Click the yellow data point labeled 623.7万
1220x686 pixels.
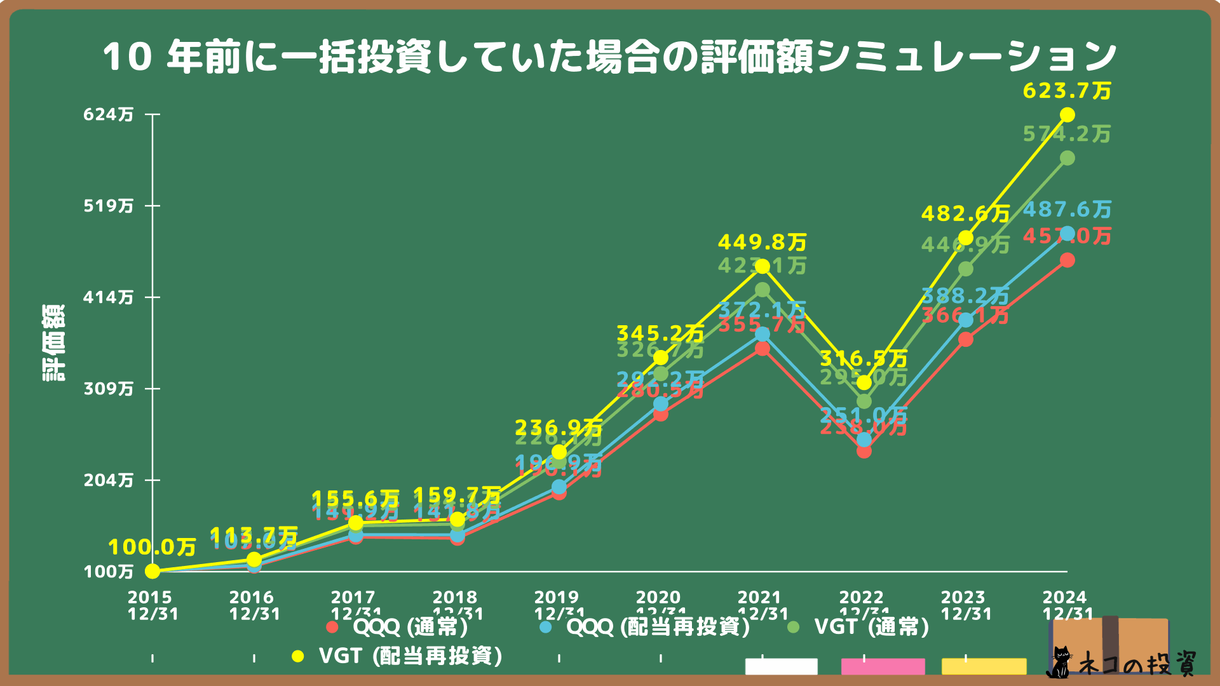click(1067, 115)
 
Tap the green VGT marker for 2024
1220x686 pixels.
click(1067, 158)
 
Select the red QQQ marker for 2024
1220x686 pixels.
click(1067, 260)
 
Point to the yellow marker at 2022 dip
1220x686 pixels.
click(864, 382)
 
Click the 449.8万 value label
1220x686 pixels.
click(762, 243)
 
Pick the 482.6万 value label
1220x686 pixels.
click(965, 214)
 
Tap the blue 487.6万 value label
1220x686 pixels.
click(1067, 210)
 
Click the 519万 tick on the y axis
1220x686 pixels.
click(109, 206)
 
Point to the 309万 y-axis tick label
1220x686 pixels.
click(109, 389)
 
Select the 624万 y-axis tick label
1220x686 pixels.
click(109, 114)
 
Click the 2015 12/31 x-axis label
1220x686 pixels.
click(152, 605)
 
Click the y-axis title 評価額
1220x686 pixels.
click(53, 343)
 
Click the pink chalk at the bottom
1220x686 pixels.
click(883, 666)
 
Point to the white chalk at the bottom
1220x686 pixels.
click(781, 666)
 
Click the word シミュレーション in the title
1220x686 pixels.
click(966, 56)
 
